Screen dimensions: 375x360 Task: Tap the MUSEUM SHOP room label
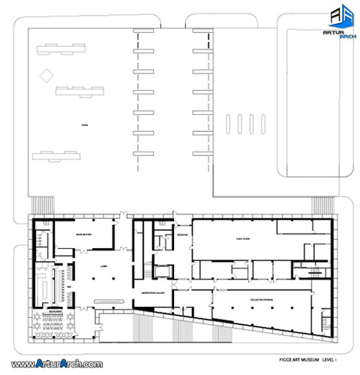click(83, 235)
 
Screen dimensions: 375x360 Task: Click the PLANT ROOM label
click(242, 238)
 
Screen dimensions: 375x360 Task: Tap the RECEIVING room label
click(181, 235)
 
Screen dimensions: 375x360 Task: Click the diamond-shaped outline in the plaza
click(47, 75)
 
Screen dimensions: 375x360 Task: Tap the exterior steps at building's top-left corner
click(42, 205)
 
